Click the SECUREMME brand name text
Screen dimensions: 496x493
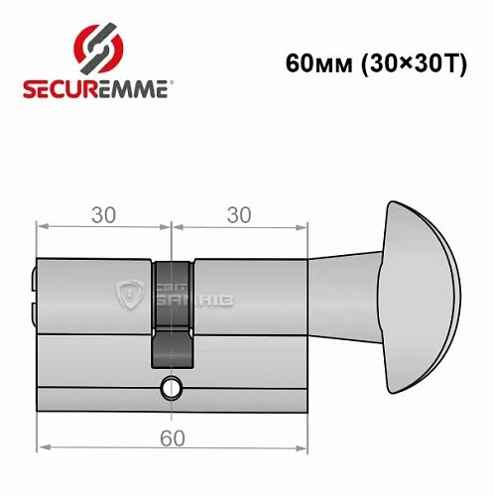[x=93, y=87]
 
